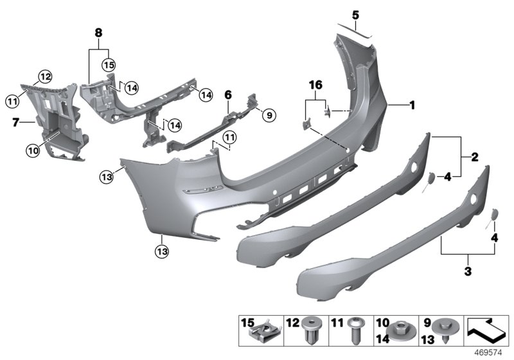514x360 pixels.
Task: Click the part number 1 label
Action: tap(413, 105)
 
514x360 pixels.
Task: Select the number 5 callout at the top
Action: tap(355, 14)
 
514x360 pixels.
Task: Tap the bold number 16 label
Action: tap(314, 85)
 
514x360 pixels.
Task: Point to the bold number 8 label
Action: tap(98, 32)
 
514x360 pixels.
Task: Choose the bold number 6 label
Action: tap(227, 94)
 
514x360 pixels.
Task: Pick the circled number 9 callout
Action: tap(269, 115)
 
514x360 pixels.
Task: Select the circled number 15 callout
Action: tap(107, 65)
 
